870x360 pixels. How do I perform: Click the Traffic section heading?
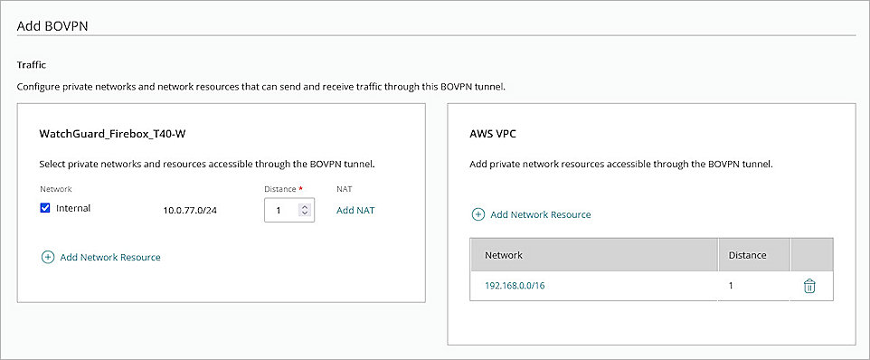(32, 65)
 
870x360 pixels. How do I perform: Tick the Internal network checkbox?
(45, 209)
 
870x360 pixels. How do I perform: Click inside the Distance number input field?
(283, 210)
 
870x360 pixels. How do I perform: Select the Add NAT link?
(355, 210)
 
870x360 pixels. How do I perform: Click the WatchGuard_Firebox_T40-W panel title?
(113, 134)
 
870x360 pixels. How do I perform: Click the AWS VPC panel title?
(493, 133)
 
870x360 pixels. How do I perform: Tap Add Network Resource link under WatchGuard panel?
(109, 258)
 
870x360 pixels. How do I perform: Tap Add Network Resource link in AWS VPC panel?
(540, 215)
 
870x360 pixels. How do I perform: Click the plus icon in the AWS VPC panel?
(478, 215)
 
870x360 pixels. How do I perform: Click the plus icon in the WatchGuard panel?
(47, 258)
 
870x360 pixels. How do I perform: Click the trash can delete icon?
(809, 286)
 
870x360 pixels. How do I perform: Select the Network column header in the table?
(504, 255)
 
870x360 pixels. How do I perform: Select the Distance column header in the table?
(747, 255)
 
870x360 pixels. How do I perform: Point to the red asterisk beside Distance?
(301, 188)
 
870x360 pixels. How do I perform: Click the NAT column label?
(345, 189)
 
